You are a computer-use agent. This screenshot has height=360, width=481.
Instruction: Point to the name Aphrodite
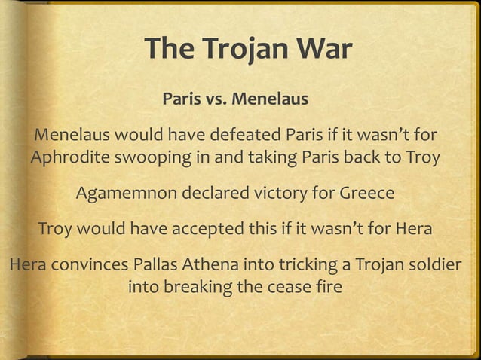click(x=66, y=160)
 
